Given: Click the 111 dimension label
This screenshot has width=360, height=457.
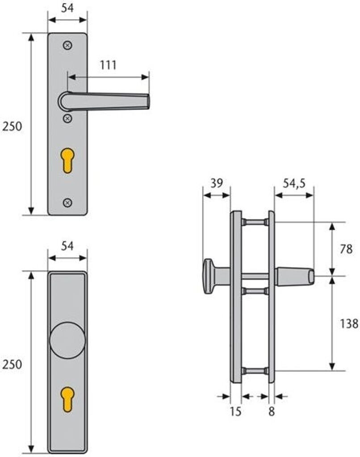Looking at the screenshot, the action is [108, 65].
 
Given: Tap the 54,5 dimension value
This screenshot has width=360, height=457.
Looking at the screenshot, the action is [294, 183].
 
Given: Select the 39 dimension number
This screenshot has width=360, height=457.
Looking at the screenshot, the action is [217, 183].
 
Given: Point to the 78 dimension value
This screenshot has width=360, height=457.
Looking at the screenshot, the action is [346, 249].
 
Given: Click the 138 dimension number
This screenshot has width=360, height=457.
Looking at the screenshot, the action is [349, 324].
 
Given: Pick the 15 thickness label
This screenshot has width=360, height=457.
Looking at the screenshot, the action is [235, 411].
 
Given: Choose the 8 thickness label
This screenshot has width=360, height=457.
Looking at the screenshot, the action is [271, 411].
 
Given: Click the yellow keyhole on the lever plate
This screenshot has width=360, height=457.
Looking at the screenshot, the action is [67, 161].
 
